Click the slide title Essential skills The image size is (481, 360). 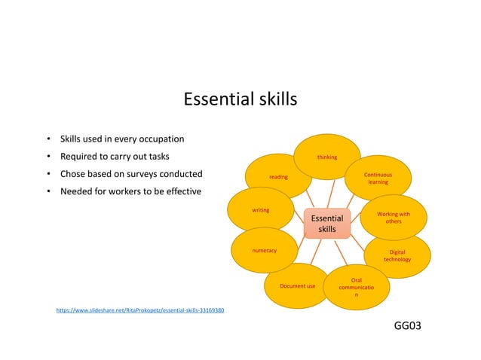[240, 100]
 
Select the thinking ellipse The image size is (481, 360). [326, 157]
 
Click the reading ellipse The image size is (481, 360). [278, 177]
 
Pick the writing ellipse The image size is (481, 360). [261, 210]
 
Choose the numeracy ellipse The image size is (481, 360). [264, 250]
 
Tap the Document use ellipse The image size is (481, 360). [297, 286]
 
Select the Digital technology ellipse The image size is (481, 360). [397, 255]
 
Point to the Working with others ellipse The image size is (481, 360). [394, 218]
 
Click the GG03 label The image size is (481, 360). [408, 325]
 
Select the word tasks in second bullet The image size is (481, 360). [157, 157]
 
